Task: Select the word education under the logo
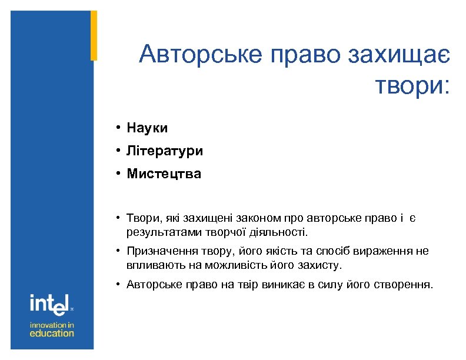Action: coord(52,334)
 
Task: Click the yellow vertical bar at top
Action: coord(94,35)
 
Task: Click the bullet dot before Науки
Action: coord(118,128)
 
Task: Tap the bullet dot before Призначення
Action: coord(118,252)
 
